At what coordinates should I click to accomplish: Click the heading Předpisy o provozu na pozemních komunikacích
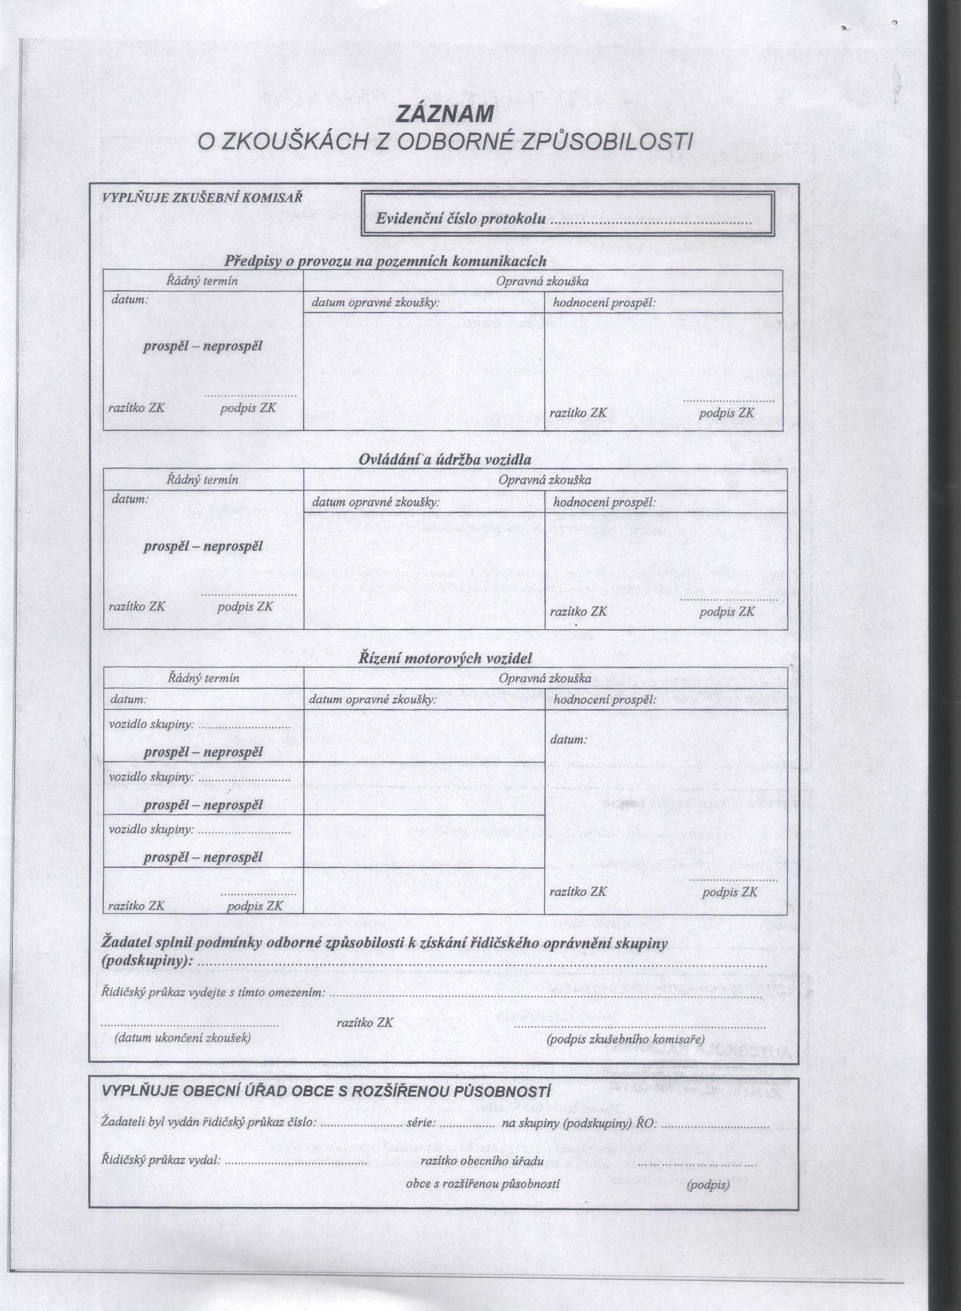(x=385, y=261)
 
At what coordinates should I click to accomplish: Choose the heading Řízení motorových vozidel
(x=445, y=658)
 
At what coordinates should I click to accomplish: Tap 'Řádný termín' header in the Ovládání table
(x=203, y=479)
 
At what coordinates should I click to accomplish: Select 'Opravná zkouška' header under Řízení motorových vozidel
(x=545, y=678)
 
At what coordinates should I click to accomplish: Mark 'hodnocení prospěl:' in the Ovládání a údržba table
(x=604, y=502)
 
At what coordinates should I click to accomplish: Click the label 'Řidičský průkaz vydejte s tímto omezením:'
(x=213, y=992)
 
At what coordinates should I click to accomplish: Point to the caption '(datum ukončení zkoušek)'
(x=182, y=1037)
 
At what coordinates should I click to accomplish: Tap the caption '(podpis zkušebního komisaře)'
(x=625, y=1040)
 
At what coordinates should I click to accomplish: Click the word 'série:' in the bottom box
(x=421, y=1123)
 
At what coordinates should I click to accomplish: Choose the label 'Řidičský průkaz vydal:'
(x=161, y=1160)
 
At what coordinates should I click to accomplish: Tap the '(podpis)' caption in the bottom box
(x=708, y=1185)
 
